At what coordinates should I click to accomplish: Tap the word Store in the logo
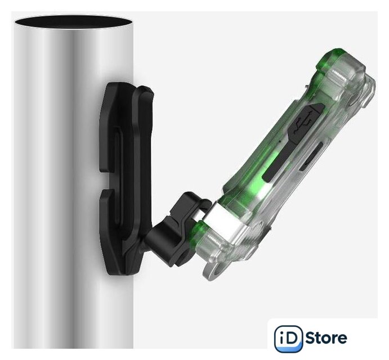(326, 338)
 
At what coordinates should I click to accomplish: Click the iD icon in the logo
(289, 338)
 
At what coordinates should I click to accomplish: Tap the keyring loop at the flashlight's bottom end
(216, 270)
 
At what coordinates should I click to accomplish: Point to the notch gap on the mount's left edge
(106, 181)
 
